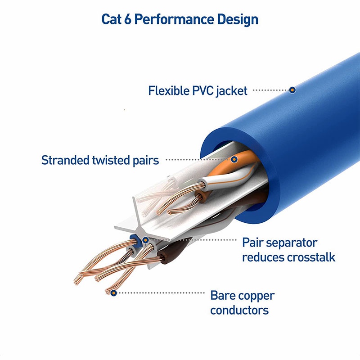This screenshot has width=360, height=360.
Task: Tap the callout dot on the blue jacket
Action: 292,90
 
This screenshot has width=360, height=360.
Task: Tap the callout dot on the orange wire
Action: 234,159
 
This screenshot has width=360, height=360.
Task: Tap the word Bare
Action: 224,296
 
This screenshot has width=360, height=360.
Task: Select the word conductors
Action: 239,310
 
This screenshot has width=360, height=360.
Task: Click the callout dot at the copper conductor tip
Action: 114,293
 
